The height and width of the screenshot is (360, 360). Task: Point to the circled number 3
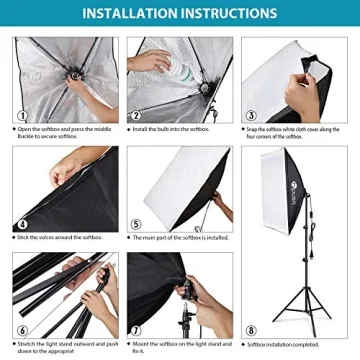click(251, 114)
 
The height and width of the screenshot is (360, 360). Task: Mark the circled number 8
click(251, 330)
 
